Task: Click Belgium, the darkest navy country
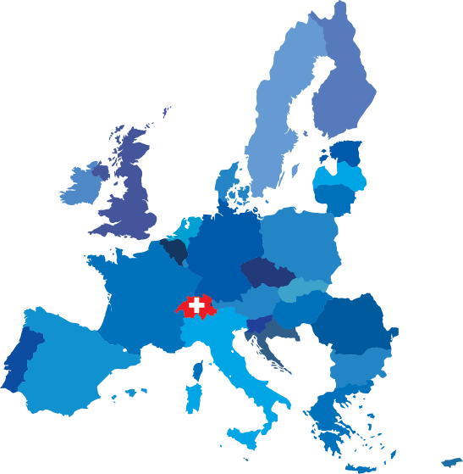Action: [175, 251]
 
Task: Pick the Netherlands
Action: [187, 231]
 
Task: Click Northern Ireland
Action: [99, 171]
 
